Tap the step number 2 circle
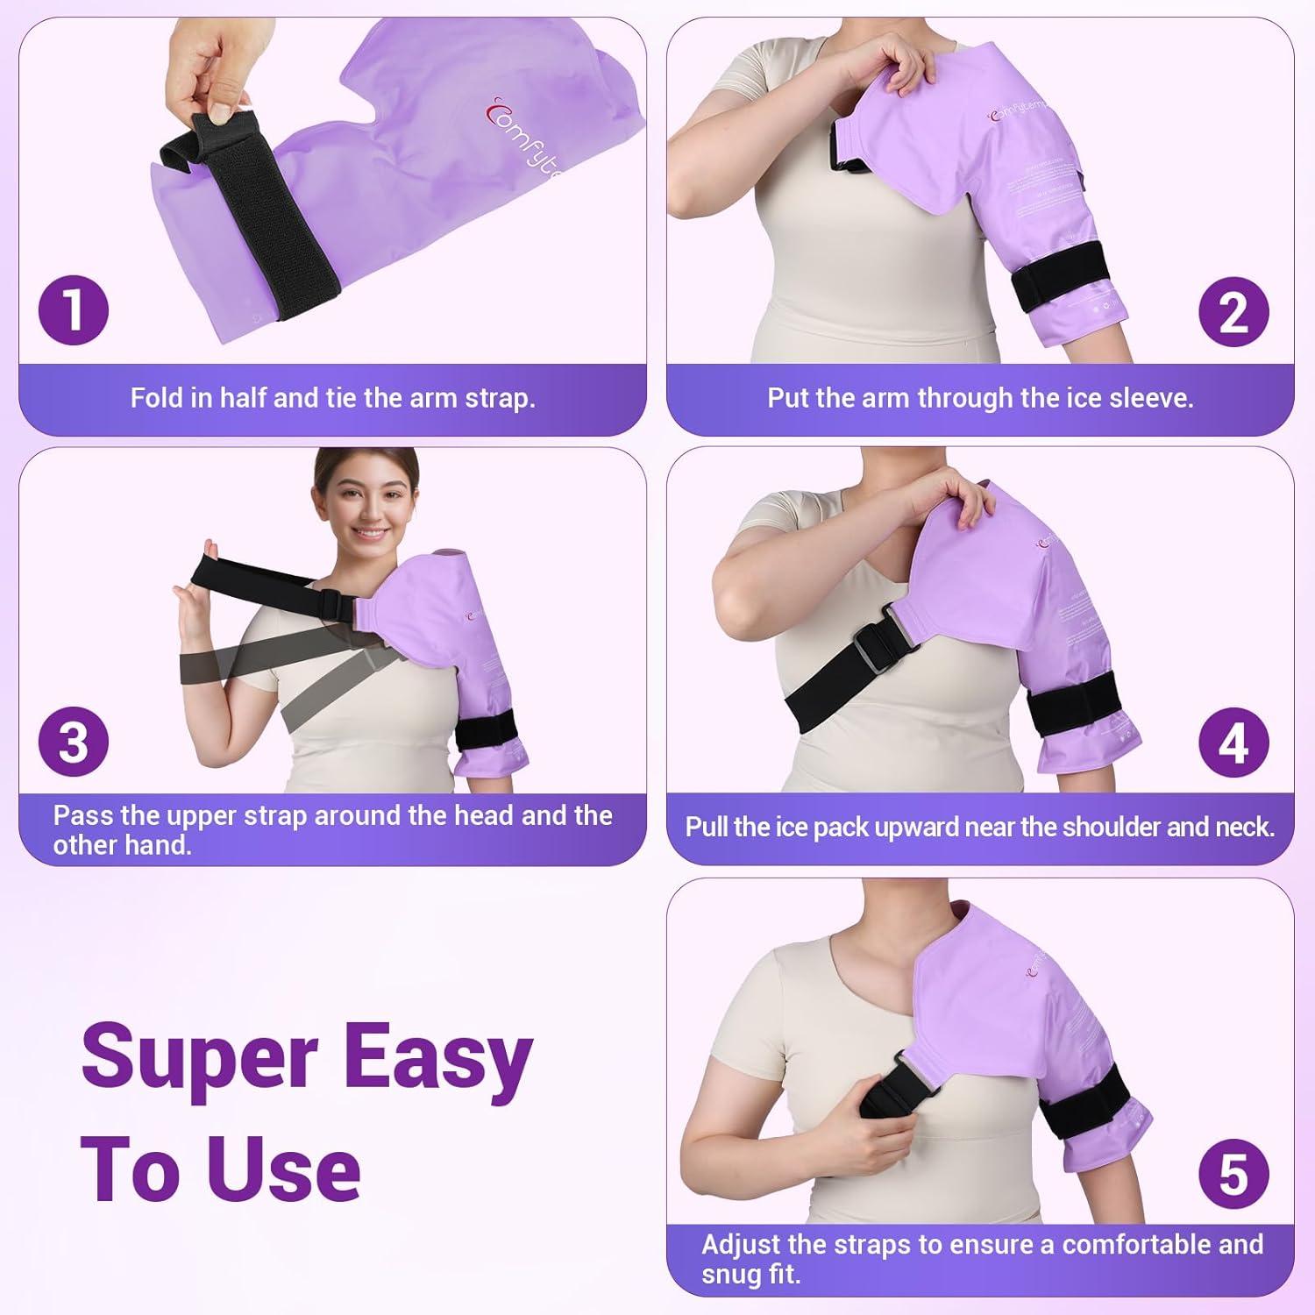[x=1233, y=311]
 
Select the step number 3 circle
[x=74, y=742]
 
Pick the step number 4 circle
[x=1233, y=743]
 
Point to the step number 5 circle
[x=1233, y=1174]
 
